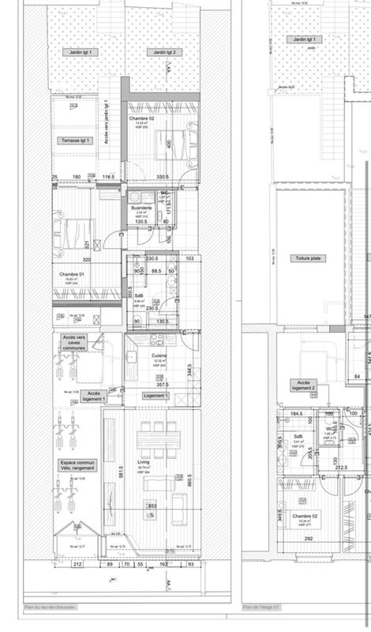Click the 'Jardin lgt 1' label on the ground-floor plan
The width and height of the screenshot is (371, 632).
79,52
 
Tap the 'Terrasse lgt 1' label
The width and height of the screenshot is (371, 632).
78,141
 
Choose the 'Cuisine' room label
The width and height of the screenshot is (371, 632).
159,356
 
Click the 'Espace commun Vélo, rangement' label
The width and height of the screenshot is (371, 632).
77,466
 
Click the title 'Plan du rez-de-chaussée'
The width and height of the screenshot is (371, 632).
50,608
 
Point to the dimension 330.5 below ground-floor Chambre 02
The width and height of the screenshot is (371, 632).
163,177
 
